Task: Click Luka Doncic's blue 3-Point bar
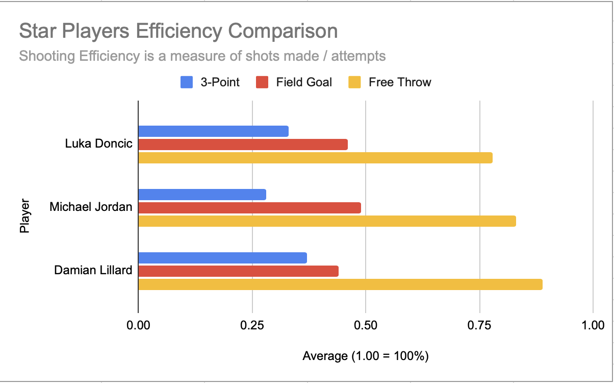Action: tap(213, 131)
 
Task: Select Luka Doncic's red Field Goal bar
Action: tap(243, 145)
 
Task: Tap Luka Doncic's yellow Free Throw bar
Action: tap(315, 158)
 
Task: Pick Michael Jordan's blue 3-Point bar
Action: tap(202, 195)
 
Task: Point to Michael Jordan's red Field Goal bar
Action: tap(249, 208)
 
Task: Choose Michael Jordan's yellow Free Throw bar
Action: tap(327, 221)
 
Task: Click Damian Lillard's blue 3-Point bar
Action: tap(222, 258)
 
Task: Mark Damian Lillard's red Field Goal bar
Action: tap(238, 271)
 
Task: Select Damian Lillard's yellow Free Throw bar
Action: tap(340, 284)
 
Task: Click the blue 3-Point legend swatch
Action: tap(186, 82)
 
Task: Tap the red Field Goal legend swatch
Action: tap(262, 82)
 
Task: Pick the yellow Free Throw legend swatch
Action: tap(354, 82)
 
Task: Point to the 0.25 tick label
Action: tap(252, 325)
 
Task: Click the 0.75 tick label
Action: tap(480, 325)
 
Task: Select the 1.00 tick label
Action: tap(593, 325)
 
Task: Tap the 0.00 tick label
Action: tap(138, 325)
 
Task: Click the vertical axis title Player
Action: tap(24, 216)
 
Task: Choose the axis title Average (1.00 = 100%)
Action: tap(366, 356)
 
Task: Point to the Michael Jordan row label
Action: tap(91, 207)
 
